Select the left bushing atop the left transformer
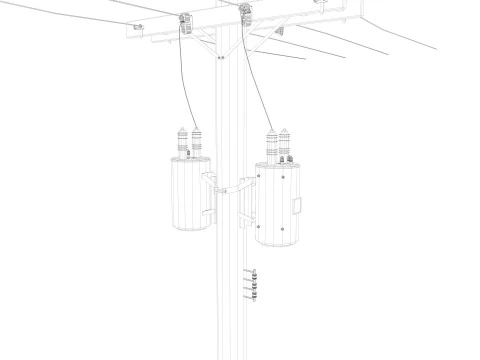(x=181, y=140)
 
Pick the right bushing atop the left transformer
(x=196, y=142)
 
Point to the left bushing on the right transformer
(x=270, y=143)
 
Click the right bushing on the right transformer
(x=285, y=142)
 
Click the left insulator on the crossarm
(x=185, y=21)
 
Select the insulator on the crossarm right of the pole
(x=246, y=13)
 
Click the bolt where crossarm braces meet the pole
(x=220, y=58)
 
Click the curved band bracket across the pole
(x=230, y=185)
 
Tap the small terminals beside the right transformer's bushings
(x=281, y=156)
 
